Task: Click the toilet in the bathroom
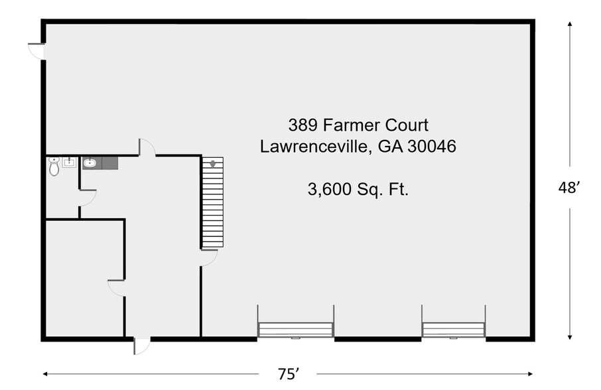54,166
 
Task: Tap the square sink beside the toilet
70,162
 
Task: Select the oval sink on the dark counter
90,163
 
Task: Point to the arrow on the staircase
213,164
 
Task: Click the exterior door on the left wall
36,51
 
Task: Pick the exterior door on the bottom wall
142,346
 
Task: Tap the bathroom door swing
88,198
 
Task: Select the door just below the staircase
209,258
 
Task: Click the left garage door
295,330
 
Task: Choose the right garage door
454,330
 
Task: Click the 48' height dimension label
568,188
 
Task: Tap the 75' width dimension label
289,374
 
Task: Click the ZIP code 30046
432,147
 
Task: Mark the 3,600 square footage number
330,189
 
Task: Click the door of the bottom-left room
117,288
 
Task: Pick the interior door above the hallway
147,147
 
